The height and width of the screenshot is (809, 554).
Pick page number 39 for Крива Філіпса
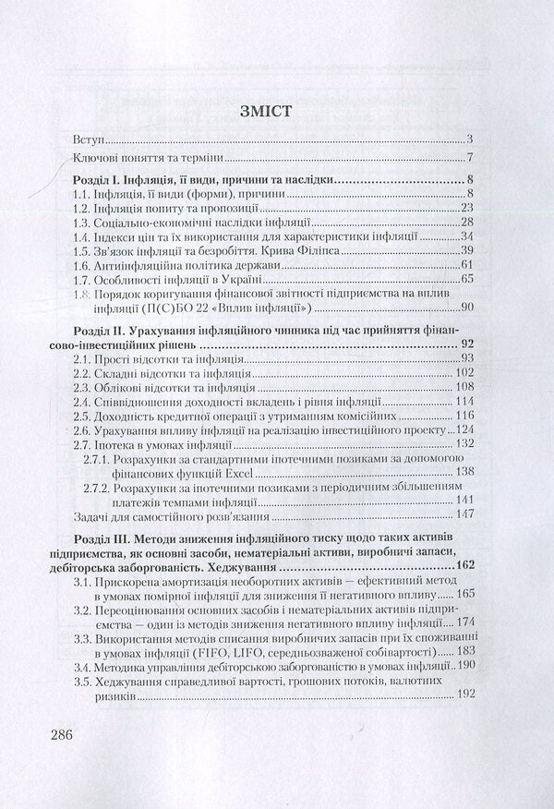tap(465, 251)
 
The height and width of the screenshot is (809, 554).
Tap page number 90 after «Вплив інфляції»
tap(465, 308)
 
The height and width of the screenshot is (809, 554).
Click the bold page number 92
tap(466, 344)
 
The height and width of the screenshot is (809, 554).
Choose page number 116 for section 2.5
tap(463, 417)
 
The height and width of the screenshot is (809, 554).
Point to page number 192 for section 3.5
tap(463, 694)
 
